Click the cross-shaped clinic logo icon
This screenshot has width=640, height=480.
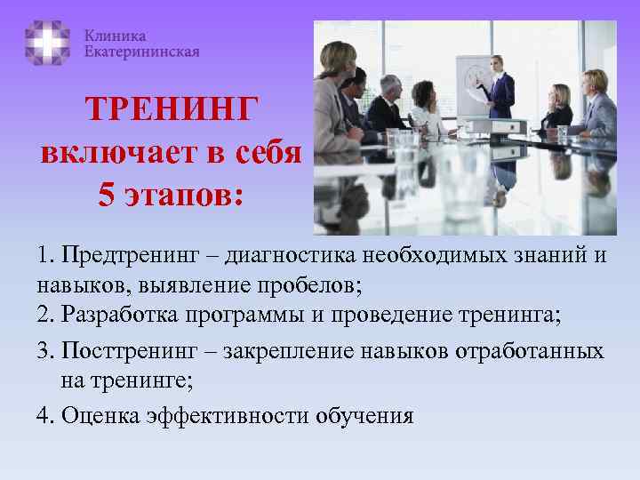pyautogui.click(x=48, y=44)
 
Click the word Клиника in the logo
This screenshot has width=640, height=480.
pyautogui.click(x=116, y=36)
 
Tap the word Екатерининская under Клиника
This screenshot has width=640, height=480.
pyautogui.click(x=141, y=52)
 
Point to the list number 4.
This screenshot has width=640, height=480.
pyautogui.click(x=44, y=416)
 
